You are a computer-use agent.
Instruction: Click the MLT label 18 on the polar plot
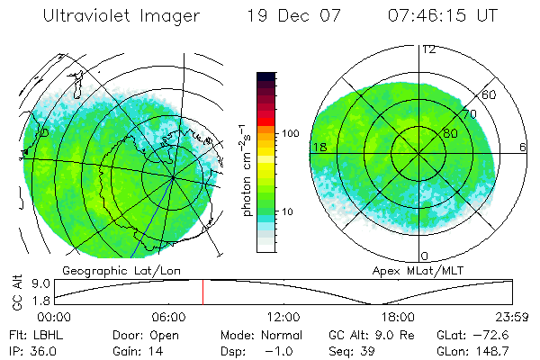pos(318,146)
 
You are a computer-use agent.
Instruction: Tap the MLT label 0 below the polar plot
pos(425,256)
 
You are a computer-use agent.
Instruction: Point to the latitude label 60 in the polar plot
pos(489,94)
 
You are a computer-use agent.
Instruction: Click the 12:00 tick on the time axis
pos(283,317)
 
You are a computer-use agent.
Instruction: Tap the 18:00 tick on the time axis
pos(398,317)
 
